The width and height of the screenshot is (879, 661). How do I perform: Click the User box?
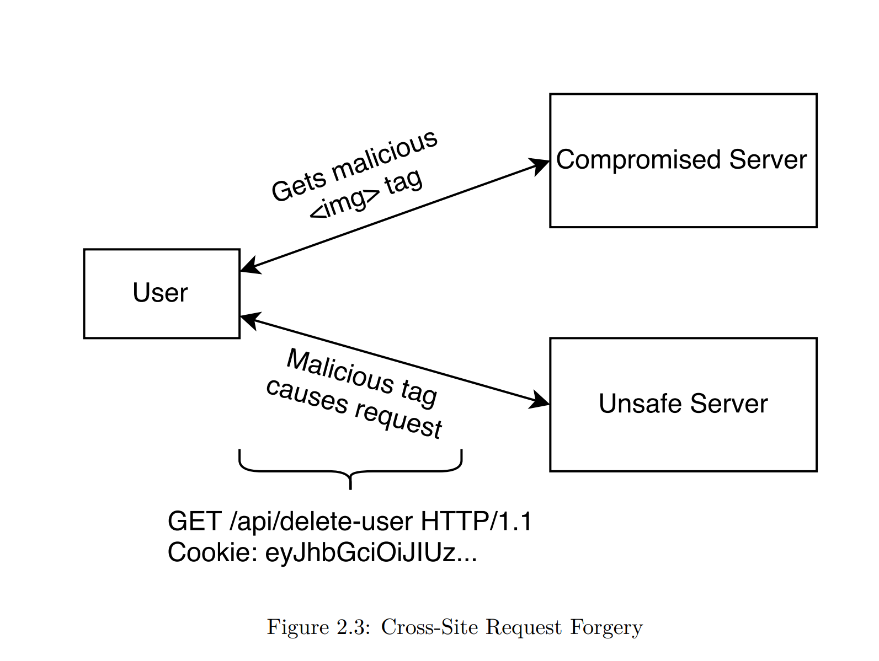click(161, 293)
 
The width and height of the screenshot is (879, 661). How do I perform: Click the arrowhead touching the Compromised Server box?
click(540, 165)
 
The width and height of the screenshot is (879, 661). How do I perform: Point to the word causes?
click(307, 396)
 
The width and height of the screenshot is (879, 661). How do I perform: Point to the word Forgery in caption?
click(606, 627)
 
